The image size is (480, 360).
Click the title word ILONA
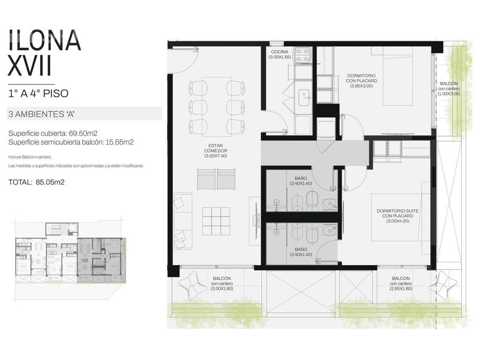(x=45, y=40)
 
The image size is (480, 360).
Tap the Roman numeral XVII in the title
(x=29, y=66)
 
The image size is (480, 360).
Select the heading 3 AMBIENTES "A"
(x=42, y=114)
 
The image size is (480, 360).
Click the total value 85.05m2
(x=50, y=182)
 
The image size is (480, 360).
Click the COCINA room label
(x=279, y=52)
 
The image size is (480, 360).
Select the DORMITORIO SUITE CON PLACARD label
(x=397, y=213)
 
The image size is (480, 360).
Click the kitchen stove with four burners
(x=303, y=55)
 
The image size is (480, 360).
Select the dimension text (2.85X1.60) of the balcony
(x=401, y=289)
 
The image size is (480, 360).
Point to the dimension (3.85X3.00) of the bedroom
(x=361, y=86)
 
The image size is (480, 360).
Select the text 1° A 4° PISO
(x=38, y=93)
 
